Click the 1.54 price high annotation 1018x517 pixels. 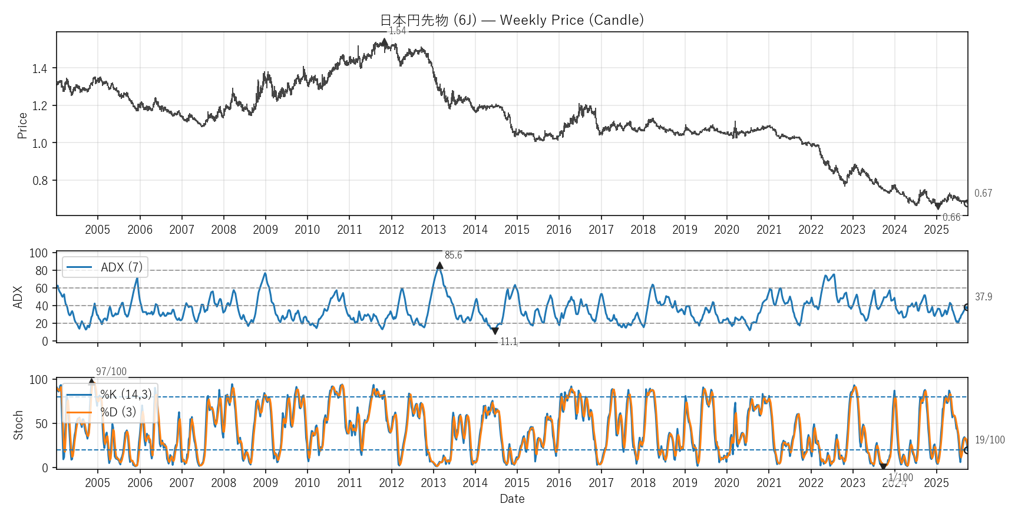[398, 31]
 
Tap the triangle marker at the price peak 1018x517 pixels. [385, 42]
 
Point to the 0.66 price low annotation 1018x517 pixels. [951, 217]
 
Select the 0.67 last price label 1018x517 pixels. [983, 193]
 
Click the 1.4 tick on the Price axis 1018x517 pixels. [39, 69]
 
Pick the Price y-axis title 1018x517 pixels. [22, 125]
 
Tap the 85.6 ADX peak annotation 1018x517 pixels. [453, 255]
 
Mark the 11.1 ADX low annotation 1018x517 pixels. [508, 342]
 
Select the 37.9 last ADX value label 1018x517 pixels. [983, 297]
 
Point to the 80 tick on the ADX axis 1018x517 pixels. [41, 271]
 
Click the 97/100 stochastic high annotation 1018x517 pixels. [111, 372]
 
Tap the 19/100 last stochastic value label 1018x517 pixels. [990, 440]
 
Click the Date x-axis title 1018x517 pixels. [512, 499]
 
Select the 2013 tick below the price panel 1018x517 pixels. [433, 230]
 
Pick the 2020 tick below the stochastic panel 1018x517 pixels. [726, 483]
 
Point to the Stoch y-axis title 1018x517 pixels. [18, 425]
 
